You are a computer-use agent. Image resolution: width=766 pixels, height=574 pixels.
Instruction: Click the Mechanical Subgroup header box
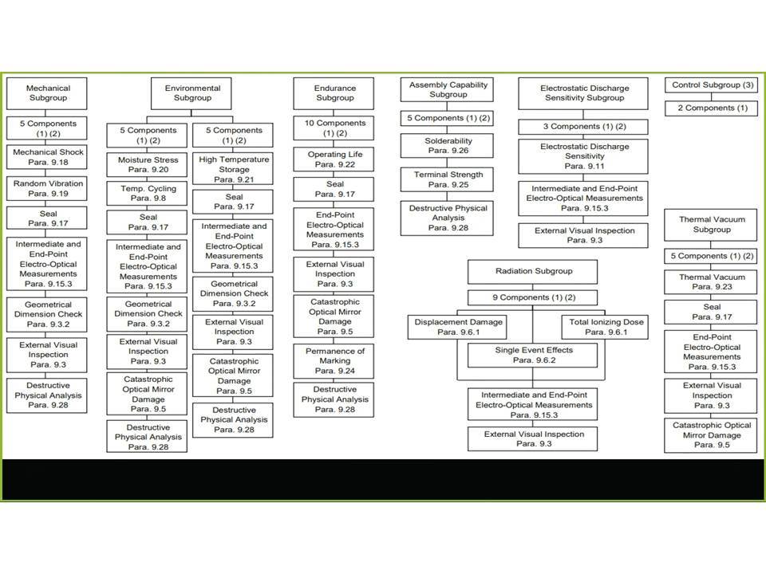[47, 93]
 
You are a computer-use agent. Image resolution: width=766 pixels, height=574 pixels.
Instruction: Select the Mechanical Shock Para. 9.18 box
[47, 157]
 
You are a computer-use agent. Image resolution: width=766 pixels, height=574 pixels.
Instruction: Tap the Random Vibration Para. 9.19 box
[47, 188]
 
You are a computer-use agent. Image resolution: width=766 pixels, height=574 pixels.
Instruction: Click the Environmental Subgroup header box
[191, 93]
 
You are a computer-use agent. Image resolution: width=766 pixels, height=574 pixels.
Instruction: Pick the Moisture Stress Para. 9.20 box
[147, 164]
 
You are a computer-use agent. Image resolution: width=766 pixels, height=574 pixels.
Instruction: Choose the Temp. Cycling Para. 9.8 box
[147, 193]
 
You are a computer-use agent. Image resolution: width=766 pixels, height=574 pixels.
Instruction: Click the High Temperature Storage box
[233, 169]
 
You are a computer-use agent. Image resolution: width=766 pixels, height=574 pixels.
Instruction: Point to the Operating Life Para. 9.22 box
[334, 159]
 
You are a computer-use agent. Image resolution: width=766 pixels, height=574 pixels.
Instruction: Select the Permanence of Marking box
[334, 361]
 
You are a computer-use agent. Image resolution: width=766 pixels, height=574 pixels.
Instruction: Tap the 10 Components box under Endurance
[334, 128]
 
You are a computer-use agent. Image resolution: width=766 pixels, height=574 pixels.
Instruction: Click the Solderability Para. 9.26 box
[447, 145]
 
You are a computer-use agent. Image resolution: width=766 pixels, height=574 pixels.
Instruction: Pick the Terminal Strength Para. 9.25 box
[447, 179]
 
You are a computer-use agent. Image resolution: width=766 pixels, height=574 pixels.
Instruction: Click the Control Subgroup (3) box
[711, 85]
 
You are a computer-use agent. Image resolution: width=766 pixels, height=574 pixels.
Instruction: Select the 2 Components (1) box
[711, 108]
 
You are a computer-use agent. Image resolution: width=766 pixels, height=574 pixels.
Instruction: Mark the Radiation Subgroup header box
[532, 271]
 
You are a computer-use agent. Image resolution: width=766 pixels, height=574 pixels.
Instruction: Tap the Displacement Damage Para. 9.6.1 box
[457, 327]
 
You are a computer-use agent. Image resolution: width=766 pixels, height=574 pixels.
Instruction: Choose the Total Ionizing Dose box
[606, 327]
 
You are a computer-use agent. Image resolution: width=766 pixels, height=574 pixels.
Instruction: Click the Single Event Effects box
[532, 356]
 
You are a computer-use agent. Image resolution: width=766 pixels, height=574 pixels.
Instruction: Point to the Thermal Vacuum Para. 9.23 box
[711, 282]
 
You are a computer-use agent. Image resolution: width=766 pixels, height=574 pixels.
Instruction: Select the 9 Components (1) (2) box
[532, 297]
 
